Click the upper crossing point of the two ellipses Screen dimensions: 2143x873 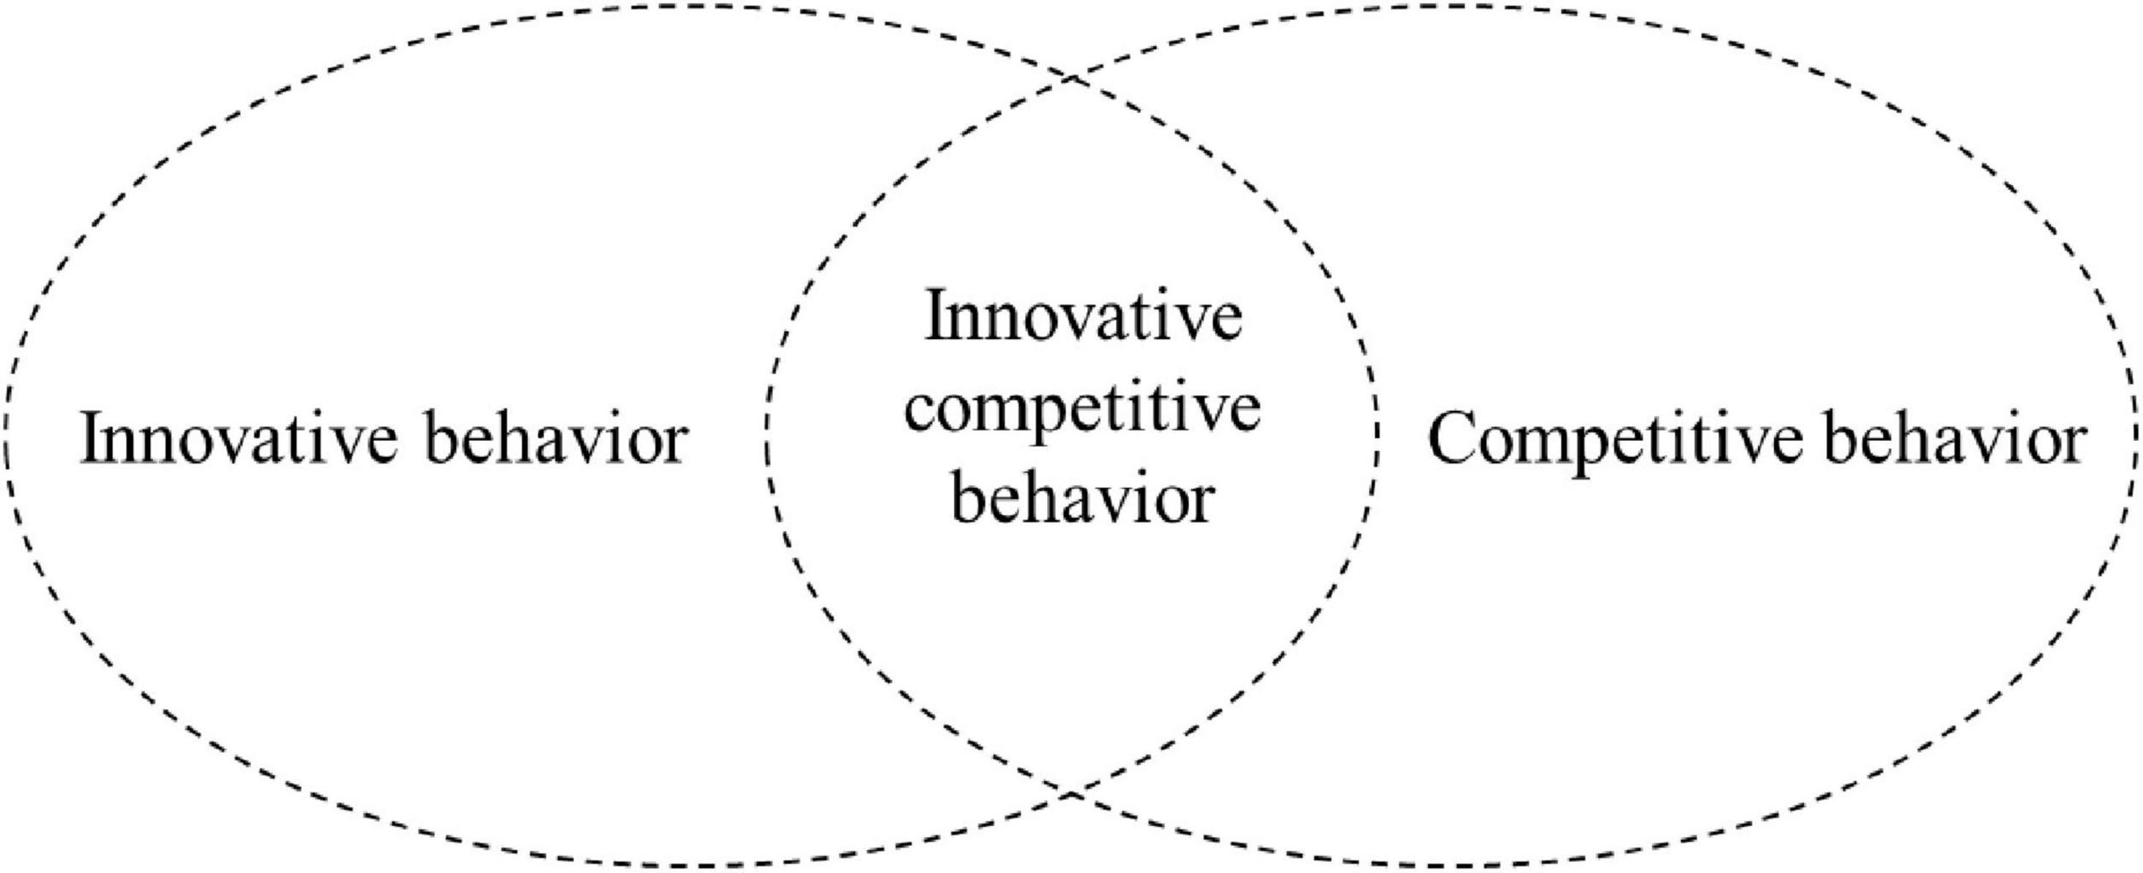(1072, 79)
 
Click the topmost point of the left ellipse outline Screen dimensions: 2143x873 (690, 6)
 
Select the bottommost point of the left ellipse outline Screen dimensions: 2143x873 (690, 866)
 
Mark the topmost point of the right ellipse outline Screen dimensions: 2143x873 (1452, 6)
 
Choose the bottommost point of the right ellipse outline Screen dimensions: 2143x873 (1452, 866)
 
